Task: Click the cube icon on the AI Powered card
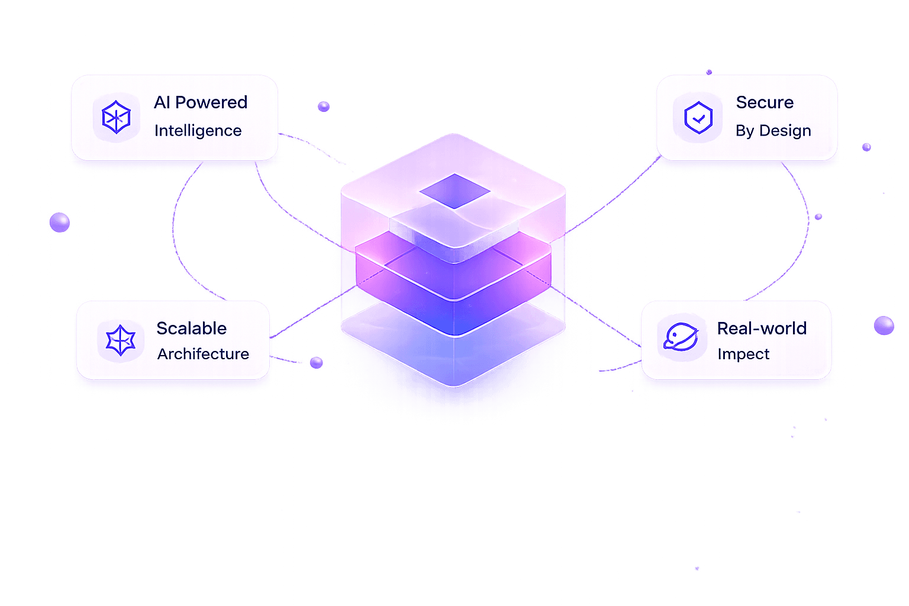[116, 117]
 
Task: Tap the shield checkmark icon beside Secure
[698, 117]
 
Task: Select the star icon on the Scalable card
[121, 341]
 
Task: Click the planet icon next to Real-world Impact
[681, 337]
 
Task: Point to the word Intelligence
[198, 131]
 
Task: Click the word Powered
[211, 102]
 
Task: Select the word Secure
[765, 102]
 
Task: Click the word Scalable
[192, 328]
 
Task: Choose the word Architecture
[203, 354]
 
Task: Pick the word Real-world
[762, 328]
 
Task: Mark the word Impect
[743, 354]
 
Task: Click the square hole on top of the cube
[454, 191]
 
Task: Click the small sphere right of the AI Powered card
[324, 107]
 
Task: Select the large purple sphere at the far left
[59, 223]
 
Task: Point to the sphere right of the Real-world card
[884, 325]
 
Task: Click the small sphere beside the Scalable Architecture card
[317, 362]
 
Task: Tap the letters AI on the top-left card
[162, 102]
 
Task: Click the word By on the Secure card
[744, 131]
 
